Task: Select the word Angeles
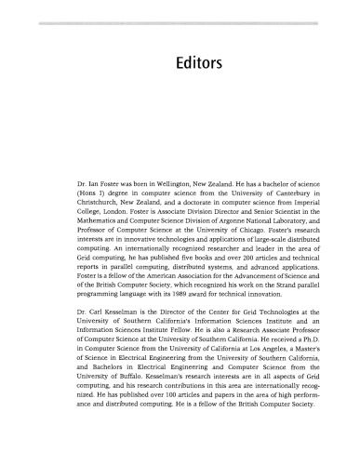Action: [244, 348]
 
